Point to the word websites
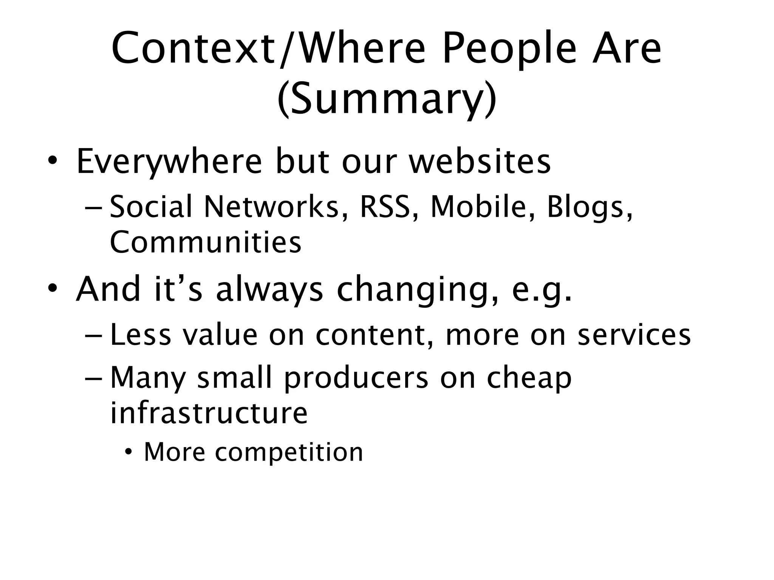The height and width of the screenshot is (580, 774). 480,162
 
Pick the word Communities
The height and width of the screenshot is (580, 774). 206,242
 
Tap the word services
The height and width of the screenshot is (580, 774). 634,335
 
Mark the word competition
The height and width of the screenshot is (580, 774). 289,452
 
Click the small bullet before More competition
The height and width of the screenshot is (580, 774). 129,452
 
